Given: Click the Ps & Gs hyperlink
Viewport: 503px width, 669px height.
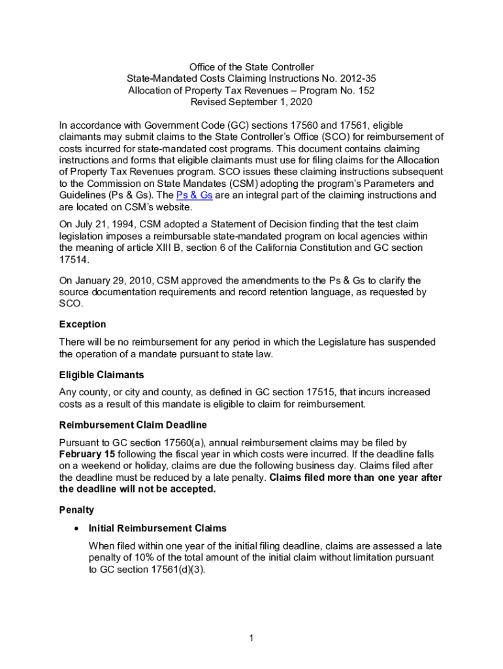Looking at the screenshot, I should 194,195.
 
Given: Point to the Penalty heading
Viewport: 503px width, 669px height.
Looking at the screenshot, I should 76,510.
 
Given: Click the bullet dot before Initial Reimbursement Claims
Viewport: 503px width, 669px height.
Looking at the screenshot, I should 78,528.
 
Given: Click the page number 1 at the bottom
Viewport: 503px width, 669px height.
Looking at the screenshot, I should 252,638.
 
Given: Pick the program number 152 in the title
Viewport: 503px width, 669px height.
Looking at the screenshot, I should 365,91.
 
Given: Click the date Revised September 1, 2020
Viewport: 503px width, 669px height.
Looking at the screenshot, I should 252,103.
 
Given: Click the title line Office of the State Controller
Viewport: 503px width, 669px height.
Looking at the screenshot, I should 252,67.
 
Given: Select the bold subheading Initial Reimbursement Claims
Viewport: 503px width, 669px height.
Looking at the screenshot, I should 157,528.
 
